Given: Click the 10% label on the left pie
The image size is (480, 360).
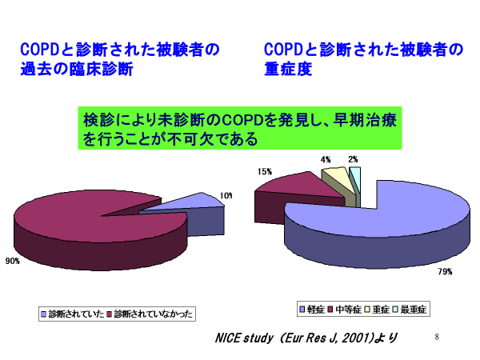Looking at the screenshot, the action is pyautogui.click(x=226, y=196).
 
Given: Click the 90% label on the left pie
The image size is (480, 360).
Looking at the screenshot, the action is pyautogui.click(x=13, y=261).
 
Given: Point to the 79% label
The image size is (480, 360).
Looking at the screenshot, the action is pyautogui.click(x=445, y=271).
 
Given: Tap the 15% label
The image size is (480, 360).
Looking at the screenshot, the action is pyautogui.click(x=265, y=172).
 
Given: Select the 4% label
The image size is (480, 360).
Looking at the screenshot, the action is pyautogui.click(x=326, y=159).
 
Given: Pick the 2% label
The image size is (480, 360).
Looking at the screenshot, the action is pyautogui.click(x=353, y=159).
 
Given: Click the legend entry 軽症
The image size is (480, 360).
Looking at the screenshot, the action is pyautogui.click(x=312, y=310).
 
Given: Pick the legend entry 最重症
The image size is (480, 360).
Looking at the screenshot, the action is pyautogui.click(x=410, y=310).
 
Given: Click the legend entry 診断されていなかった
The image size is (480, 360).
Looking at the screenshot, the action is pyautogui.click(x=150, y=314).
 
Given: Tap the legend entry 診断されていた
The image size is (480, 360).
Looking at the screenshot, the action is pyautogui.click(x=73, y=314).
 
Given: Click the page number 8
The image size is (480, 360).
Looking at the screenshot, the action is pyautogui.click(x=437, y=337).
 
